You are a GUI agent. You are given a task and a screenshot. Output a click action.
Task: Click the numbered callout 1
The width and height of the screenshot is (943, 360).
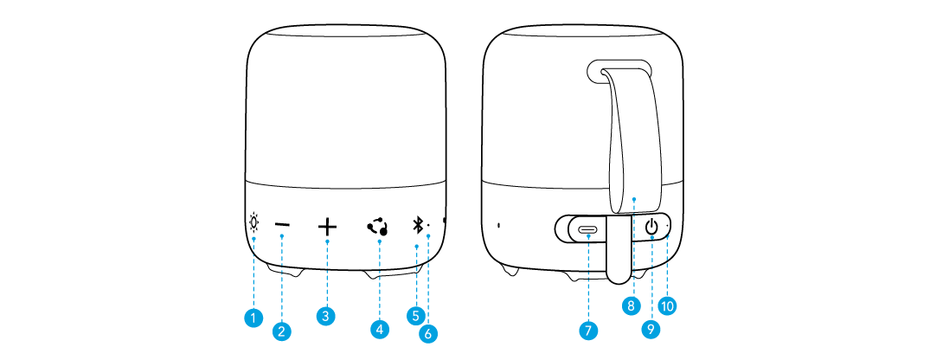[253, 318]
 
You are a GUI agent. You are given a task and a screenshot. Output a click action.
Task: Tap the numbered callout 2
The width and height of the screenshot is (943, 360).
[281, 331]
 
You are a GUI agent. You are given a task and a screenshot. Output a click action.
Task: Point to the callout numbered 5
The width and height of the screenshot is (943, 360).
[415, 315]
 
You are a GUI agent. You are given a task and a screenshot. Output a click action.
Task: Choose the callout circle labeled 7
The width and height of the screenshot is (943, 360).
[588, 330]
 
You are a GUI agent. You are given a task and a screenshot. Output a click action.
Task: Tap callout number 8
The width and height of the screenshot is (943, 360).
[631, 305]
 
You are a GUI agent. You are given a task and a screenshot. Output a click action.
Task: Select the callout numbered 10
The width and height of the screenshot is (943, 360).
[667, 305]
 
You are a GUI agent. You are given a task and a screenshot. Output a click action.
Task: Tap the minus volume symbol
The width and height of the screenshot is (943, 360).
[282, 226]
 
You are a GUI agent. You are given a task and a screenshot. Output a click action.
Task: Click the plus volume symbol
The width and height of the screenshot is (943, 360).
[327, 227]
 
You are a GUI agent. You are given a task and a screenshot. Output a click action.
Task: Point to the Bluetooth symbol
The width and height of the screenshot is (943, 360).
[416, 226]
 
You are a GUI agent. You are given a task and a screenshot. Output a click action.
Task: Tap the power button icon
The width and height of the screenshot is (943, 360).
[651, 227]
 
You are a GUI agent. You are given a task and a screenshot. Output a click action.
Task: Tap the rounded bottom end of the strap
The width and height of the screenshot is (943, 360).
[619, 276]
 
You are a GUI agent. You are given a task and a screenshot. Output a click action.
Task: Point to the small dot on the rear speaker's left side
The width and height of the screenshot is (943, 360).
[498, 227]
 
